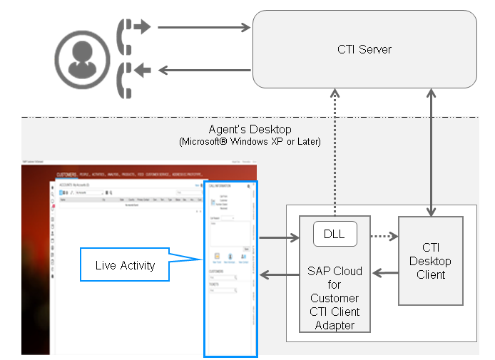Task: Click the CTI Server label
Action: coord(364,49)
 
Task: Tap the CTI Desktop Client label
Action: coord(431,261)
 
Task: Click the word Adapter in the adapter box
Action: coord(335,325)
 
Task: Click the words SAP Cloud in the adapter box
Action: coord(335,272)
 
